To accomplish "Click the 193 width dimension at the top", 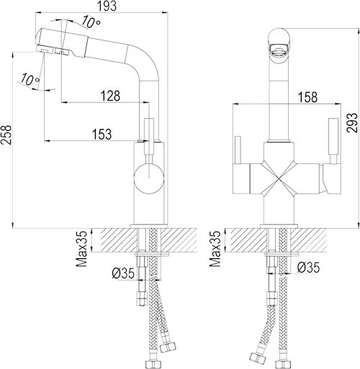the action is point(107,6).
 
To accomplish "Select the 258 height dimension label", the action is point(6,135).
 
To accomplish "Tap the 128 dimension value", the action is point(110,96).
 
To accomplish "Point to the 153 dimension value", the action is point(102,135).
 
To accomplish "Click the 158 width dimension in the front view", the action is point(307,97).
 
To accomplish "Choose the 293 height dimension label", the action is point(352,122).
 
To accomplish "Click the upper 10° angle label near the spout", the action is point(91,22).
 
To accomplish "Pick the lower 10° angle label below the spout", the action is point(30,79).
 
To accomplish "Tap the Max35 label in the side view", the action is point(81,249).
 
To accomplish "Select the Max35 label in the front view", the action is point(215,249).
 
